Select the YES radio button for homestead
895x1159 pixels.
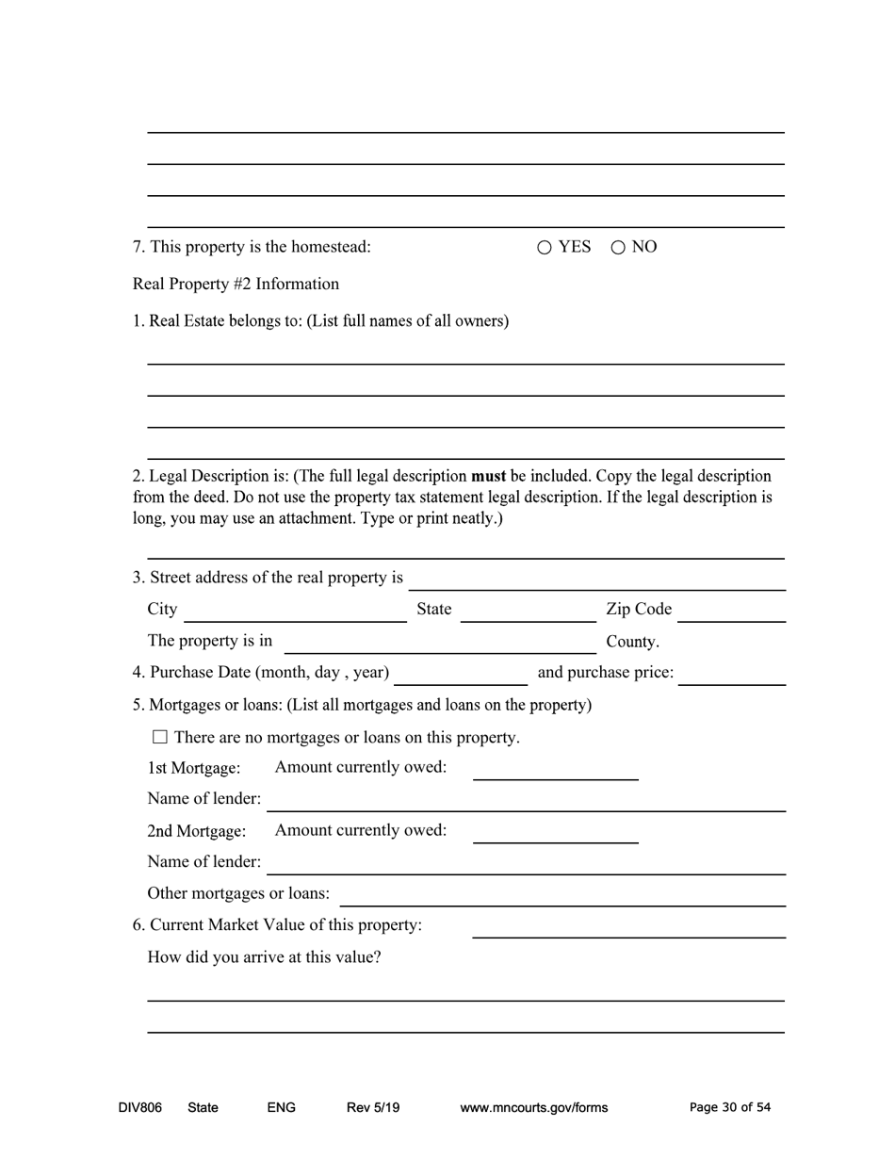click(x=545, y=248)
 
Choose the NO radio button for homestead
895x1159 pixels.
click(x=618, y=248)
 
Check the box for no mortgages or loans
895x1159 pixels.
click(x=159, y=737)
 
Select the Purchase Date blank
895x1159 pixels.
click(x=461, y=675)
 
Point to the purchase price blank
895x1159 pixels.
click(x=731, y=675)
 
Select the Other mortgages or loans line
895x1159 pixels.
click(x=561, y=896)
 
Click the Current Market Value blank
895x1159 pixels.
click(x=628, y=928)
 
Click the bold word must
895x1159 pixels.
click(x=488, y=476)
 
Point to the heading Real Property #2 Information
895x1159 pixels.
click(x=236, y=284)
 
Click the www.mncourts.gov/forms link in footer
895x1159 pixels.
click(x=533, y=1107)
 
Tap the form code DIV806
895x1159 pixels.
click(x=140, y=1107)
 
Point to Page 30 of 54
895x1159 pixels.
click(x=729, y=1107)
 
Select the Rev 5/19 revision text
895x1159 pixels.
click(x=373, y=1107)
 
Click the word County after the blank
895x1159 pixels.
click(x=631, y=642)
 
